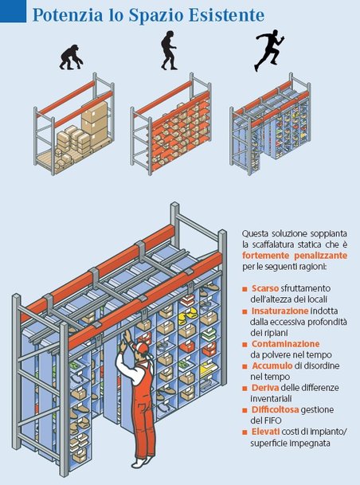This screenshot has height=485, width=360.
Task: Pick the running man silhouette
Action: [x=266, y=50]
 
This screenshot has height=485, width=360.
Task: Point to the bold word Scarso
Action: [x=266, y=287]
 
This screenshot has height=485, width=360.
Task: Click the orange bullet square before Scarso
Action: [x=245, y=288]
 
